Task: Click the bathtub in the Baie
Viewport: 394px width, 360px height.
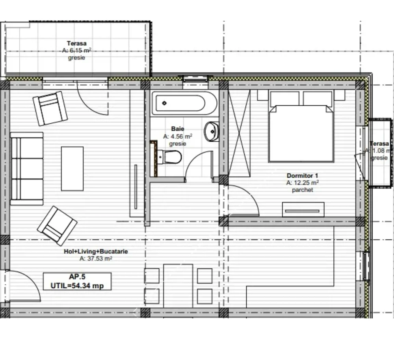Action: click(x=184, y=104)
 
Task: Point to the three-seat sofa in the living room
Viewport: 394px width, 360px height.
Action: click(x=27, y=169)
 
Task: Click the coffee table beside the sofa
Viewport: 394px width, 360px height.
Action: click(x=72, y=169)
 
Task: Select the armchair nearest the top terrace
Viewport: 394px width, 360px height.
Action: click(x=50, y=108)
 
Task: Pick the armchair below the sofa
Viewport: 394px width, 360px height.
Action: click(x=57, y=226)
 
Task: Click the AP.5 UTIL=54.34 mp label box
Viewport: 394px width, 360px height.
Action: click(x=77, y=281)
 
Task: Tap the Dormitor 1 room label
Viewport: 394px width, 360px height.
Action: click(x=302, y=176)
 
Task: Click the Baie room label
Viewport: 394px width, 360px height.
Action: click(x=177, y=129)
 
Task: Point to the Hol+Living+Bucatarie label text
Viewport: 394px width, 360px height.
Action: click(x=96, y=252)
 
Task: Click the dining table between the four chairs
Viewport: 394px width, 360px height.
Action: click(x=178, y=285)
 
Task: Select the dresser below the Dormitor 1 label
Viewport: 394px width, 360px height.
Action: click(x=303, y=210)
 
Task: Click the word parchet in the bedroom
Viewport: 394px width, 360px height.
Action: click(x=302, y=189)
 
